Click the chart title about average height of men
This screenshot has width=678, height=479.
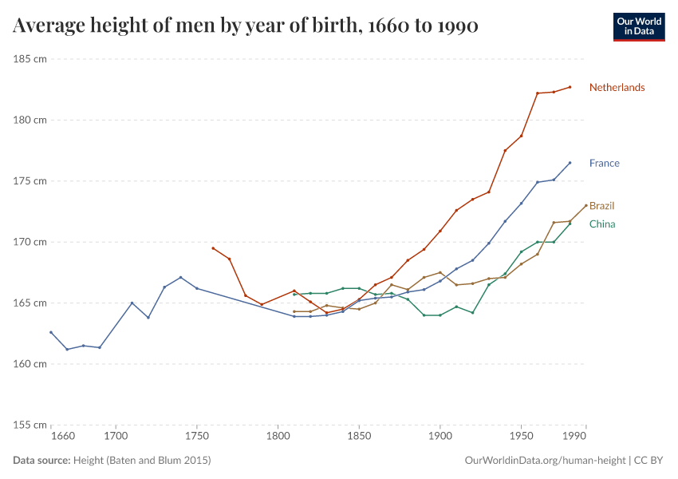[246, 26]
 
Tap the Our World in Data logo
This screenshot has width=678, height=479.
[638, 26]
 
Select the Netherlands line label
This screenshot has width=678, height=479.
[617, 88]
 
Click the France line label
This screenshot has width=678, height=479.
[604, 164]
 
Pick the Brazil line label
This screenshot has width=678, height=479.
[601, 206]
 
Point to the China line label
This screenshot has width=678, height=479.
[601, 224]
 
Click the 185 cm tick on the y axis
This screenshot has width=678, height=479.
[30, 59]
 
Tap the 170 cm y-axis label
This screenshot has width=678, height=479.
[30, 242]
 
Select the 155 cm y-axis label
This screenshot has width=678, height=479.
[30, 425]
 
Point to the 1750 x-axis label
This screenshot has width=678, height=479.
[197, 437]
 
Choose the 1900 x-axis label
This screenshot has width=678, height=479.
[440, 437]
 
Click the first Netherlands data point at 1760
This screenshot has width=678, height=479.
[213, 248]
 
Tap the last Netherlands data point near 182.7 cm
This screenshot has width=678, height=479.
[570, 87]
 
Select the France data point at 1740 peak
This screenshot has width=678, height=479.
[181, 277]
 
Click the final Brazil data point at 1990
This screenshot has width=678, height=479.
[586, 205]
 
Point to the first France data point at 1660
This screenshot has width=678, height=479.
[51, 332]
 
